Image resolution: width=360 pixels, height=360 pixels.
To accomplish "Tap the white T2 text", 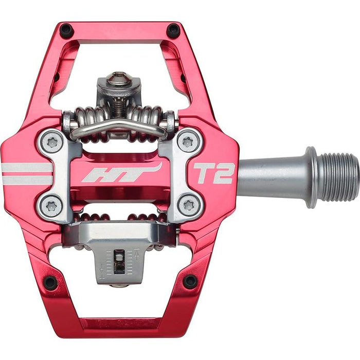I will click(x=213, y=173).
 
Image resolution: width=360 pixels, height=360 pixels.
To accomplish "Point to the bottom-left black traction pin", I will click(x=50, y=282).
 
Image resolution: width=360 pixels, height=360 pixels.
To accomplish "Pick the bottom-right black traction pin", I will click(x=190, y=281).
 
